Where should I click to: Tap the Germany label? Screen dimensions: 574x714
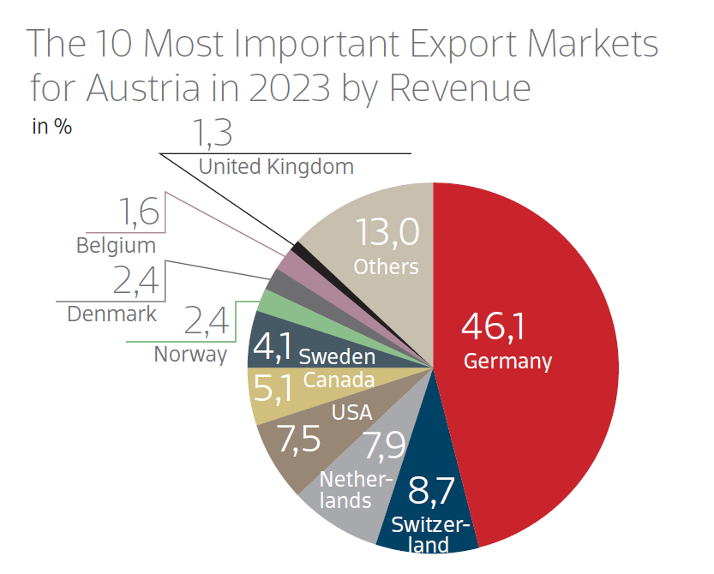click(507, 361)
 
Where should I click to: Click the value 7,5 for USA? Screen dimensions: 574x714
click(295, 438)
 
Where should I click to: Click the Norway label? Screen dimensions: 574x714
click(190, 354)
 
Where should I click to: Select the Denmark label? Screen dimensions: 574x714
click(112, 314)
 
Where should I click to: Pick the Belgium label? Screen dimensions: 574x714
click(116, 246)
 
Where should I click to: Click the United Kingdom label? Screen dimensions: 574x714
click(276, 166)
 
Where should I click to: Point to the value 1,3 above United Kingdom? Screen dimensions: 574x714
click(211, 135)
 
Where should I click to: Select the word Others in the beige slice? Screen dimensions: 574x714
click(386, 266)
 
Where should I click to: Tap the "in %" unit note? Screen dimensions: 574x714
click(51, 128)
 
